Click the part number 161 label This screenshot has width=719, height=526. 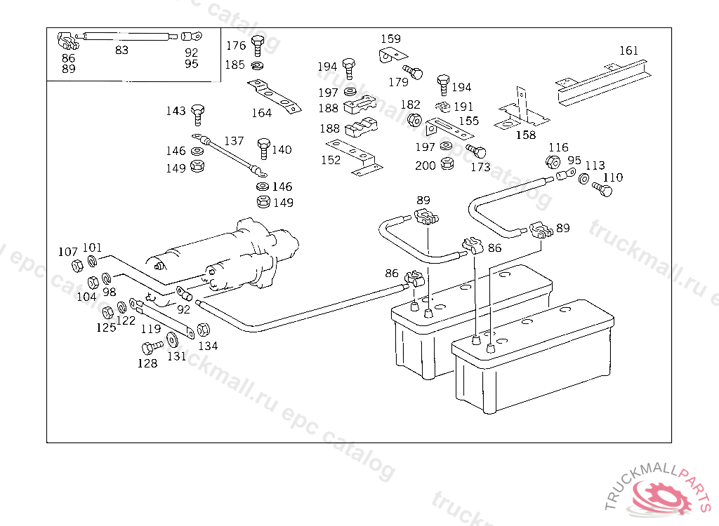(x=628, y=50)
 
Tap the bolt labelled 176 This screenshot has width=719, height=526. (x=257, y=45)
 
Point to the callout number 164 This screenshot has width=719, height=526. (x=261, y=113)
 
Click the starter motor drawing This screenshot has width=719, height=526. (x=225, y=256)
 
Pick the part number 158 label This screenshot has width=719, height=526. (x=525, y=135)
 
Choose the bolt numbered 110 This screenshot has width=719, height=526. (x=601, y=189)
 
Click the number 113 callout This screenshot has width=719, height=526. (x=595, y=166)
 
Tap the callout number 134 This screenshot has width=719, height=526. (x=208, y=345)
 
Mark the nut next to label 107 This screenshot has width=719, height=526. (x=77, y=266)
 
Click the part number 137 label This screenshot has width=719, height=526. (x=234, y=141)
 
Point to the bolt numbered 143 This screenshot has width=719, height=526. (x=198, y=112)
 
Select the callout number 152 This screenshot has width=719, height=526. (x=330, y=160)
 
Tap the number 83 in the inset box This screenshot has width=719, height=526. (x=121, y=50)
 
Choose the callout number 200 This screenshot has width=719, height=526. (x=425, y=166)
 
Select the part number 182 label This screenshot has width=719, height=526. (x=410, y=105)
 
